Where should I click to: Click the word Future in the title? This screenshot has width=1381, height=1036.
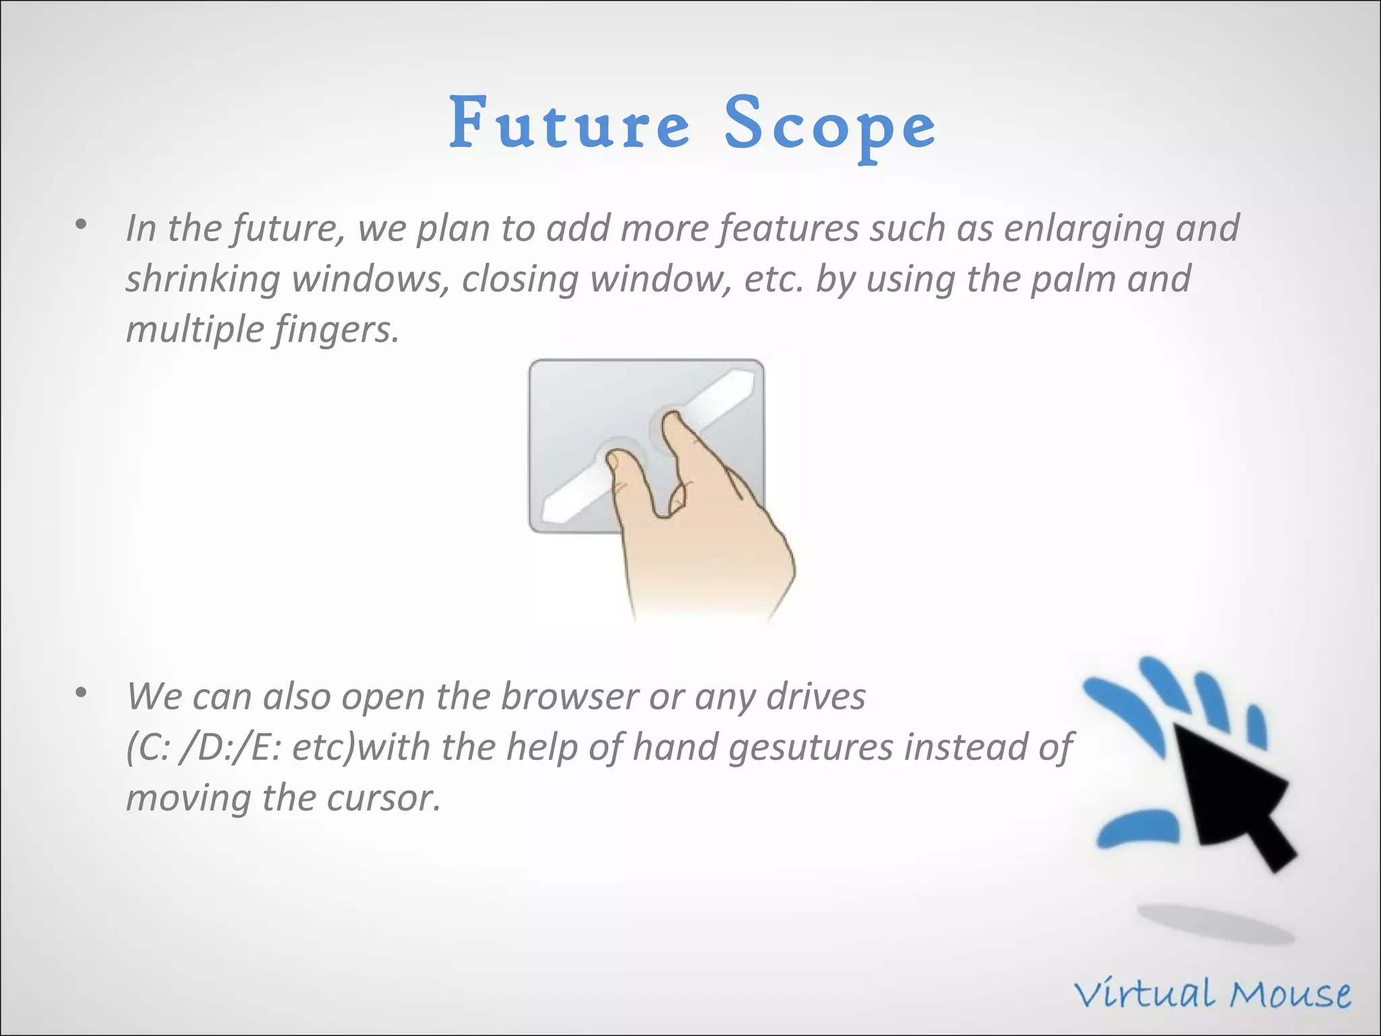570,123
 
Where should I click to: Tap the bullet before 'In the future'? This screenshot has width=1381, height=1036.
82,225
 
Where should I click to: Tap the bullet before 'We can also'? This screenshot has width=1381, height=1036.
82,693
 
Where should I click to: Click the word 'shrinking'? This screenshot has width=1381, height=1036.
203,280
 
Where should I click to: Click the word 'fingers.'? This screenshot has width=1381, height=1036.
336,331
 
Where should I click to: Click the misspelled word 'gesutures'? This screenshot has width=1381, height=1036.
811,747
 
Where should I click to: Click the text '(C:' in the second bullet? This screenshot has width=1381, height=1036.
148,747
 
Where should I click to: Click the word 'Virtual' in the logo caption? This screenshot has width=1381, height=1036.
1146,996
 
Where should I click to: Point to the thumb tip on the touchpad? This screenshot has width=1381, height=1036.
614,462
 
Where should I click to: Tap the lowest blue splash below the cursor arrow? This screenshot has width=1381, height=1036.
1138,829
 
